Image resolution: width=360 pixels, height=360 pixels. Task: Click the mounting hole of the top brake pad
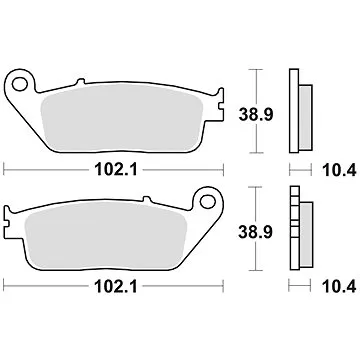(x=19, y=80)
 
